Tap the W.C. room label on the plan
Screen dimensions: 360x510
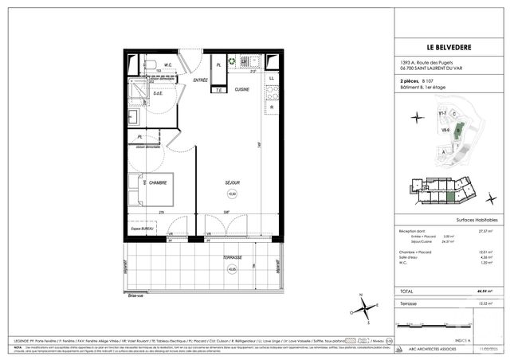[x=168, y=65]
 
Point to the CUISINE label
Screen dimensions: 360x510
[x=242, y=89]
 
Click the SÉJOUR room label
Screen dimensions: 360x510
[x=232, y=182]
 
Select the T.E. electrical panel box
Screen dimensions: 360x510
[x=217, y=89]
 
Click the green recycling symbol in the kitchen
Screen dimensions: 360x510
[x=232, y=61]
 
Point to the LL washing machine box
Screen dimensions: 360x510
[x=272, y=77]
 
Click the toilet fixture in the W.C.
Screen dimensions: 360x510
[x=150, y=63]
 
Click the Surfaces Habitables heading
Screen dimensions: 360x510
[x=477, y=218]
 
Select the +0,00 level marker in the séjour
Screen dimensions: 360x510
[x=232, y=194]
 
